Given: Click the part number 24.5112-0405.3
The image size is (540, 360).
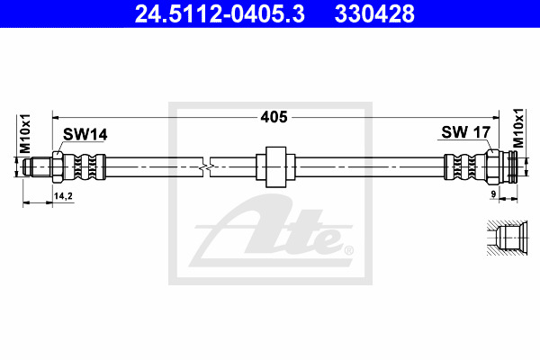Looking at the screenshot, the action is (x=220, y=13).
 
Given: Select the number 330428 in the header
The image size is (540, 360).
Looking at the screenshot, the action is (x=374, y=13).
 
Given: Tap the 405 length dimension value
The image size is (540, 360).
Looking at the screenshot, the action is (x=274, y=117).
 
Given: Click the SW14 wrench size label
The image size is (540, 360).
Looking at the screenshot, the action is (x=85, y=134).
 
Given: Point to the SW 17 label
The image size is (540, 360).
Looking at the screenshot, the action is (x=465, y=132).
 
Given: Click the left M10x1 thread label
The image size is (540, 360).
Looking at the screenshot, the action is (x=25, y=134).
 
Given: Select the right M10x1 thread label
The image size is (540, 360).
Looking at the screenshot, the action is (x=517, y=128).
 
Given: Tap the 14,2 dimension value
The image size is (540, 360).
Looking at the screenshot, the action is (x=63, y=196).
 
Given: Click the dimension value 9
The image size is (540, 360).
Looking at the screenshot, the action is (x=493, y=194).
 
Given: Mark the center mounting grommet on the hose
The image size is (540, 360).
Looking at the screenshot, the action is (x=275, y=167).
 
